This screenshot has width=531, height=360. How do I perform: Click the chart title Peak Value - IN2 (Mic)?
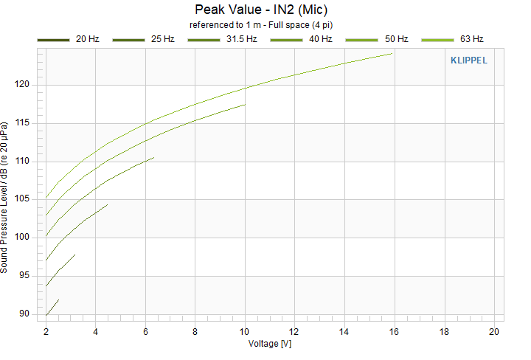[261, 10]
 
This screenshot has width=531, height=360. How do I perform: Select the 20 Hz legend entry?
[69, 39]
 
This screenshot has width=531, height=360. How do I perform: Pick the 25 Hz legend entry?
[144, 39]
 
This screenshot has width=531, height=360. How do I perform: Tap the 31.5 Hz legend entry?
[223, 39]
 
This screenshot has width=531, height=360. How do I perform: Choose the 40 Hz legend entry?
[302, 39]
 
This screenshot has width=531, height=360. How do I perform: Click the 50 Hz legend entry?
[377, 39]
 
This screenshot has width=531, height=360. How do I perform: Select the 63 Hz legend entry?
[452, 39]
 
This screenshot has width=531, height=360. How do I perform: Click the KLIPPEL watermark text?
[469, 60]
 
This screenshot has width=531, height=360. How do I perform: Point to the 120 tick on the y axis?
[22, 84]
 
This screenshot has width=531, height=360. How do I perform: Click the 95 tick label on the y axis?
[24, 275]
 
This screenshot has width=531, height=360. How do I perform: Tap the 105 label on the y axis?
[22, 198]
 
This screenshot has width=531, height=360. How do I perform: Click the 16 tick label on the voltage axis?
[394, 332]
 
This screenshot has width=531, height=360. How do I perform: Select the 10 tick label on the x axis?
[245, 332]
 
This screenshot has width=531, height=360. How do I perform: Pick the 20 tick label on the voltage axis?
[494, 332]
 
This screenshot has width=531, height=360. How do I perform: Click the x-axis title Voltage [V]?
[270, 344]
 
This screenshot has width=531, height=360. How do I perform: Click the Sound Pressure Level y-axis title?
[4, 198]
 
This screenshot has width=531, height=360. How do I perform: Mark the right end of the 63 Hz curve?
[392, 54]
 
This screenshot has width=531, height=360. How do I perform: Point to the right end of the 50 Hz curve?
[245, 105]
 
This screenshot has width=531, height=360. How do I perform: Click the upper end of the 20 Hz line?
[59, 300]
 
